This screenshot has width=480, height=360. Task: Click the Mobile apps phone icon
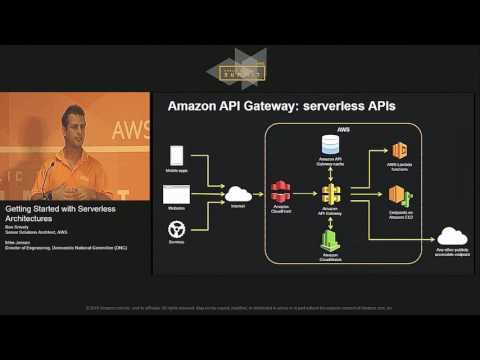(176, 156)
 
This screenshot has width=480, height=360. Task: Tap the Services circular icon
(176, 229)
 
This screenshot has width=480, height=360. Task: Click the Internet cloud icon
(239, 193)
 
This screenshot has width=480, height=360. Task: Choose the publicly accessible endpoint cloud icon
(452, 236)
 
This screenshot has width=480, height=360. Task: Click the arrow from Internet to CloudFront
(261, 194)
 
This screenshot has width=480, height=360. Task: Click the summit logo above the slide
(236, 69)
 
